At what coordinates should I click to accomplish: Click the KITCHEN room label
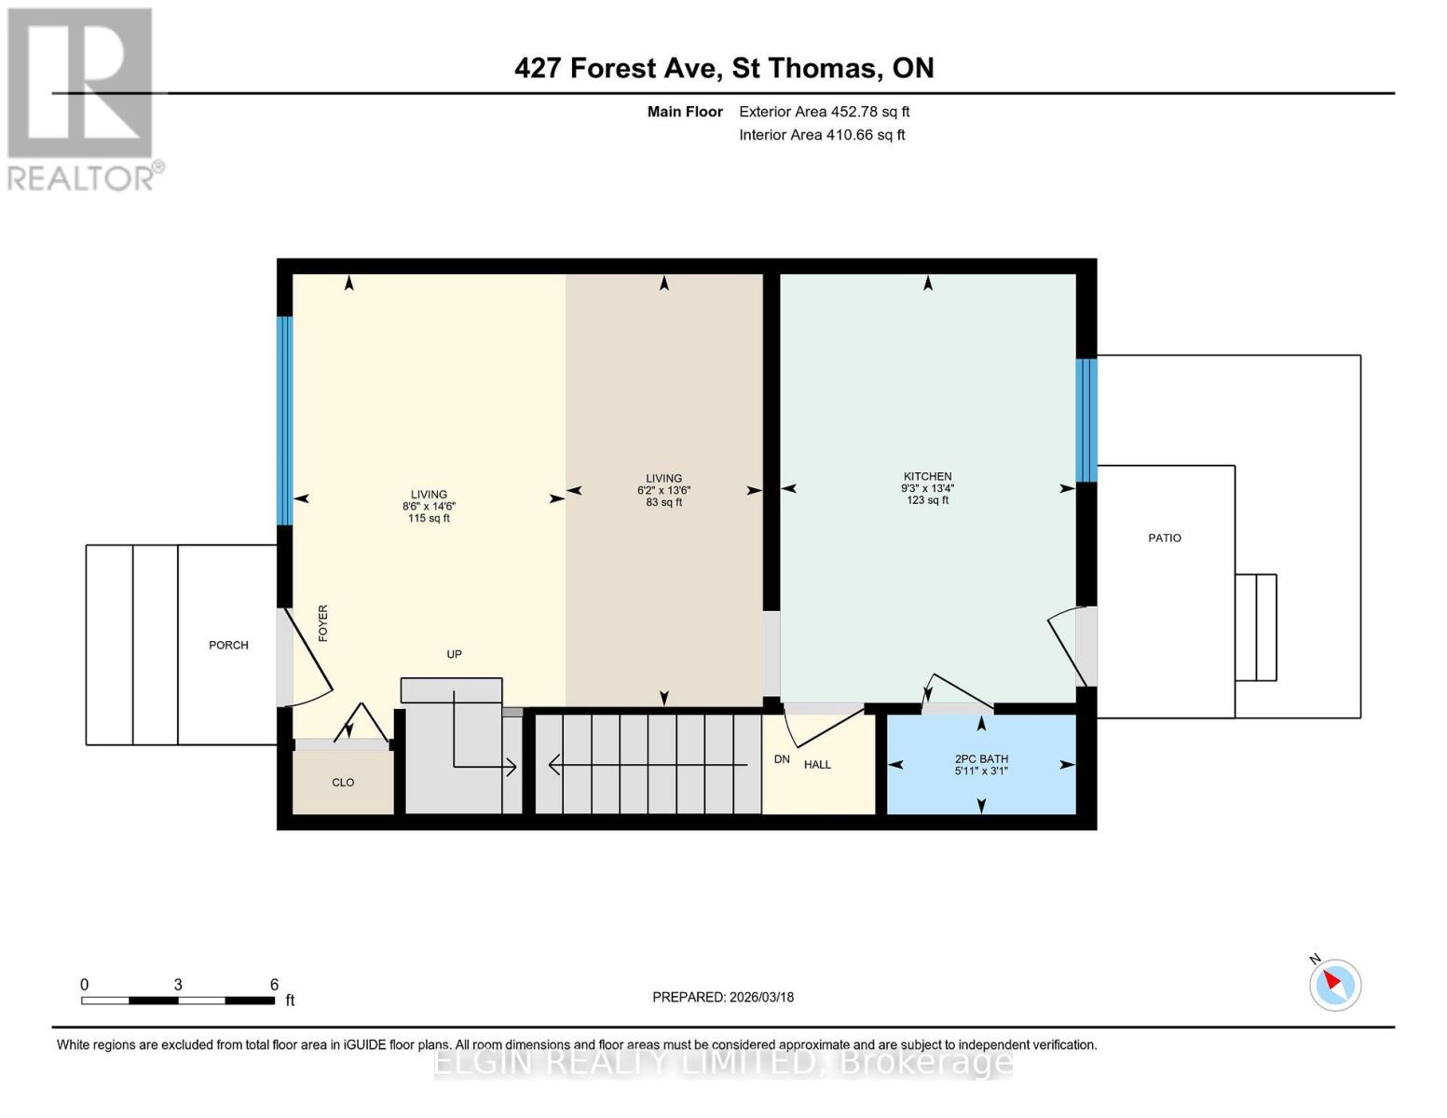pyautogui.click(x=927, y=476)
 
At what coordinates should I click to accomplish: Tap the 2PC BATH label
pyautogui.click(x=981, y=758)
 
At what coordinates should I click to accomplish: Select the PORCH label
pyautogui.click(x=228, y=645)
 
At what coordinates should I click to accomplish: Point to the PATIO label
pyautogui.click(x=1165, y=538)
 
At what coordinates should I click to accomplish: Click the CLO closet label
pyautogui.click(x=343, y=783)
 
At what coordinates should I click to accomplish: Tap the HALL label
pyautogui.click(x=817, y=765)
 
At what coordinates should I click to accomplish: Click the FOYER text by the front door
pyautogui.click(x=323, y=623)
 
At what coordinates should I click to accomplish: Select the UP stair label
pyautogui.click(x=454, y=654)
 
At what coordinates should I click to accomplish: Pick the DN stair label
pyautogui.click(x=782, y=759)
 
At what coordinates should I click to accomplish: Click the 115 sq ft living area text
pyautogui.click(x=429, y=518)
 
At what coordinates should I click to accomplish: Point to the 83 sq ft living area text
pyautogui.click(x=663, y=502)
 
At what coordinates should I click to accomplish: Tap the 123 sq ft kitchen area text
pyautogui.click(x=927, y=500)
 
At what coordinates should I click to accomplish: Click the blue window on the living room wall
pyautogui.click(x=285, y=420)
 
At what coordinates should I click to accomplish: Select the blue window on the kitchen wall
pyautogui.click(x=1086, y=420)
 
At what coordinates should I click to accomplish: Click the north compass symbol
pyautogui.click(x=1335, y=984)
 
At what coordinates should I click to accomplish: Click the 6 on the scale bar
pyautogui.click(x=274, y=985)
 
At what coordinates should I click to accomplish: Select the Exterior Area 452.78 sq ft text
pyautogui.click(x=824, y=112)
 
